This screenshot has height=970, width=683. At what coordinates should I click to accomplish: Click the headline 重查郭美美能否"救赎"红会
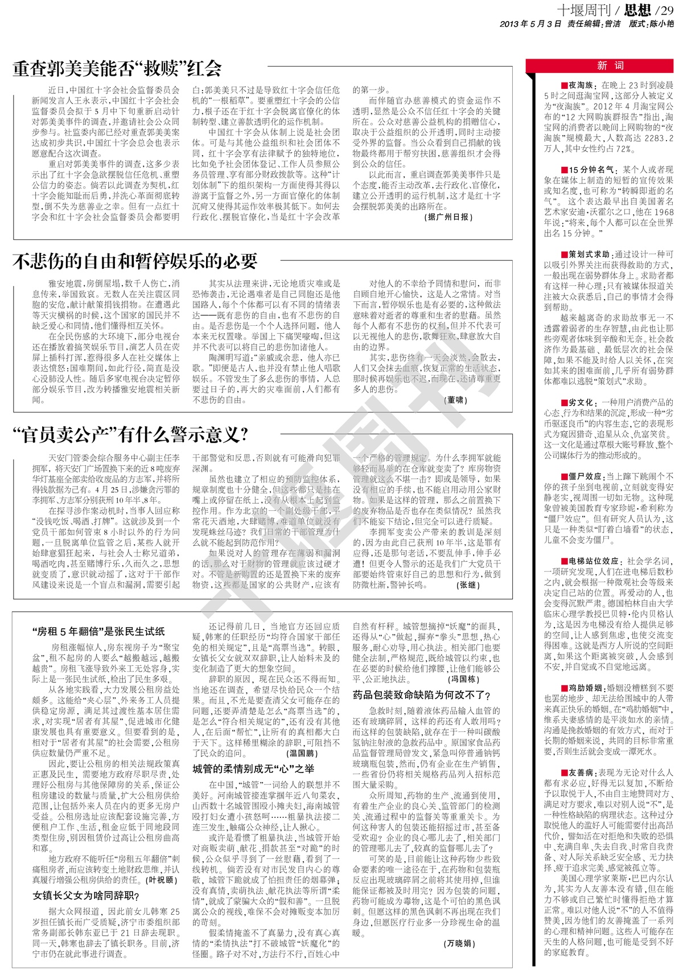(117, 69)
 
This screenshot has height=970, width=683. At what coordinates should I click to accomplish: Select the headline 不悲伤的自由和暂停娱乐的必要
(135, 261)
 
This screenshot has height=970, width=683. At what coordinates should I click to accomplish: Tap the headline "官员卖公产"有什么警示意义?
(131, 435)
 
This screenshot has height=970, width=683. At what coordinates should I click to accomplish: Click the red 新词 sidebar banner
(602, 66)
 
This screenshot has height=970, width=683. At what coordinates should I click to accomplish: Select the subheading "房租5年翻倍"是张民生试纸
(98, 631)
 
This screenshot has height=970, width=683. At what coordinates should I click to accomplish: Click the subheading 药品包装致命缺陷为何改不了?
(422, 695)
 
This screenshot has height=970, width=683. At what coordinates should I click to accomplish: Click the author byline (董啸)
(455, 400)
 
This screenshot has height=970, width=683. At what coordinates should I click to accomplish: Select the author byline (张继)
(468, 585)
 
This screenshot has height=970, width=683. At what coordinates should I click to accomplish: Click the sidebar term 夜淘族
(581, 85)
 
